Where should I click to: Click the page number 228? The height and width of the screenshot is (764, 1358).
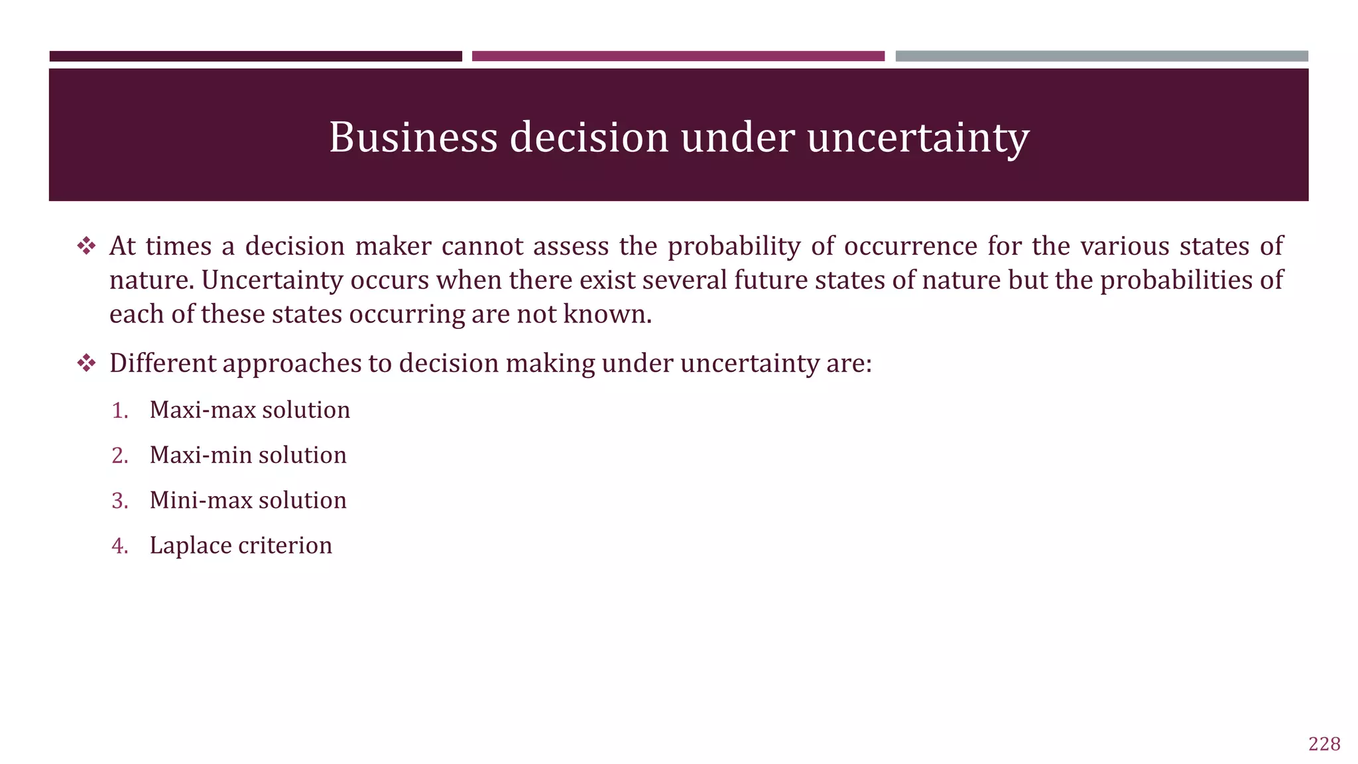(x=1324, y=744)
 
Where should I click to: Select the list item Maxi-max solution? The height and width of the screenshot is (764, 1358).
(x=249, y=410)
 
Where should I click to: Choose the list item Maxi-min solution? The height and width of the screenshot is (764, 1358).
(x=248, y=455)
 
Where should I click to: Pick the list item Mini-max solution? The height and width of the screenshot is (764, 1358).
(x=248, y=500)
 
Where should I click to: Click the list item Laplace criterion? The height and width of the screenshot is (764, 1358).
(x=241, y=545)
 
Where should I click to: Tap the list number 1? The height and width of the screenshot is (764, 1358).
(x=119, y=411)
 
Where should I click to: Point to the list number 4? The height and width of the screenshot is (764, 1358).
(x=119, y=546)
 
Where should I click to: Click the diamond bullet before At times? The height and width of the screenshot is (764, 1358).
(x=86, y=247)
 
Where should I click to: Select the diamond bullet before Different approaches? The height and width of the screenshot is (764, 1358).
(x=86, y=363)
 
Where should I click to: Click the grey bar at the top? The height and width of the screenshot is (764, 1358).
(x=1101, y=56)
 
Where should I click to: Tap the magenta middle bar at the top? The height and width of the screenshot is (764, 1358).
(x=678, y=56)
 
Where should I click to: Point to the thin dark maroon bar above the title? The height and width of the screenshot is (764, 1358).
(x=255, y=56)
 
